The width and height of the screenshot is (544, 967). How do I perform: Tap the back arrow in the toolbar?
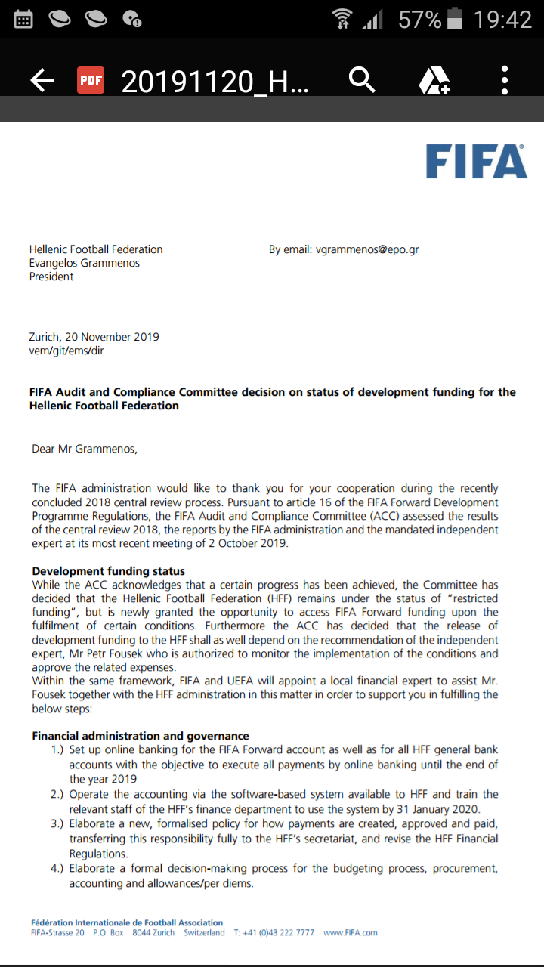(x=42, y=80)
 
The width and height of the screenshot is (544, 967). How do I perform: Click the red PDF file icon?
(x=91, y=80)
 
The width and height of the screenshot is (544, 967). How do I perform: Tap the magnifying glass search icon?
(x=362, y=79)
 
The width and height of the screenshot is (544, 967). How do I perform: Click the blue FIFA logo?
(x=476, y=162)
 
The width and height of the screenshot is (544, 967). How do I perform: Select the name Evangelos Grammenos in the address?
(x=85, y=263)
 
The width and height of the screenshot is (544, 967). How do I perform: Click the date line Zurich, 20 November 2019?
(x=94, y=337)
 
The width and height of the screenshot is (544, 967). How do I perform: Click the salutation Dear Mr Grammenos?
(x=85, y=449)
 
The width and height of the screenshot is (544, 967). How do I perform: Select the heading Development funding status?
(x=108, y=571)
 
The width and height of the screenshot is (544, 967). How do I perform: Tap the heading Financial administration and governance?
(x=141, y=736)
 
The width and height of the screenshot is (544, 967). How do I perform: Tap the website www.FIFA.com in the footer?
(x=350, y=932)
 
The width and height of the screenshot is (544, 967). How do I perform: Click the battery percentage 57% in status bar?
(x=419, y=20)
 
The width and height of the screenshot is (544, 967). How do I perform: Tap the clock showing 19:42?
(x=502, y=20)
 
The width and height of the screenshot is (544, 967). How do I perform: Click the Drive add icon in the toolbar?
(x=434, y=80)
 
